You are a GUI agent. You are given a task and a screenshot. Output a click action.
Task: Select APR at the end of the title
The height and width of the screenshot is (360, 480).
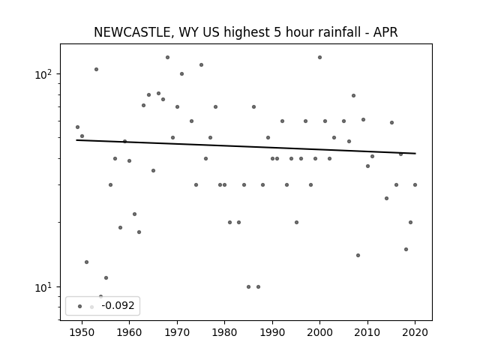click(385, 32)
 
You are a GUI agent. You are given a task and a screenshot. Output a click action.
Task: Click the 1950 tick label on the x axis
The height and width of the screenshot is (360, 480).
click(82, 332)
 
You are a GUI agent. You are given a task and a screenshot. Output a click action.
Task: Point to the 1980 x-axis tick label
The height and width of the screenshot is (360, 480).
click(224, 332)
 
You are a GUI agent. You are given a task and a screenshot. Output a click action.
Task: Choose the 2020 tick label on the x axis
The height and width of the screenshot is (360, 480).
click(415, 332)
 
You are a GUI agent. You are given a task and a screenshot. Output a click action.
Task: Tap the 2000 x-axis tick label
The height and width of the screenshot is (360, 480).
click(320, 332)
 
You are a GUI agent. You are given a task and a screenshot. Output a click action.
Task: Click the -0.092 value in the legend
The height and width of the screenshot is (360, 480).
click(118, 305)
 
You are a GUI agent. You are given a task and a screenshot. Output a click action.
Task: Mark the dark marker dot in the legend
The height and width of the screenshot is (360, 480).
click(80, 307)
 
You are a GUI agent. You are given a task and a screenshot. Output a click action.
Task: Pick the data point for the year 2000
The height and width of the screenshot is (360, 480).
click(320, 58)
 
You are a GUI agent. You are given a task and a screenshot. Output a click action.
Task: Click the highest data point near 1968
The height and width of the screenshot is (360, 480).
click(167, 58)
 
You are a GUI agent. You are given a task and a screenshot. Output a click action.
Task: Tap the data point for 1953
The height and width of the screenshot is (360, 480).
click(96, 70)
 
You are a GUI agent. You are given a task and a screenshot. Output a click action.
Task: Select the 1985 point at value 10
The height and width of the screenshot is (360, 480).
click(248, 286)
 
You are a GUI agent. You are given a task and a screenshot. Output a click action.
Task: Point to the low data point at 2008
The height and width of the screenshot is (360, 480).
click(358, 255)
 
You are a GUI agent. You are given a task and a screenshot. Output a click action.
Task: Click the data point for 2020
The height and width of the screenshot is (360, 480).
click(415, 185)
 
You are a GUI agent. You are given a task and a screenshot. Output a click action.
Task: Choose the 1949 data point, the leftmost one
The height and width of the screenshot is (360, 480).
click(77, 127)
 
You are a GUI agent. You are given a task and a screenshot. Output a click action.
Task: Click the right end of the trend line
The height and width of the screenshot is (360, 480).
click(415, 153)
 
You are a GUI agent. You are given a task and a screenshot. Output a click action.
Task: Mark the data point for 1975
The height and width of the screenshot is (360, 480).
click(201, 65)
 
